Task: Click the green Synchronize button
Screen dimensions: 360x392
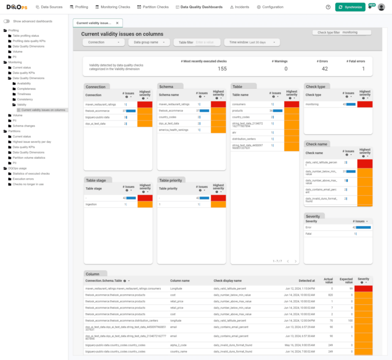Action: [x=350, y=7]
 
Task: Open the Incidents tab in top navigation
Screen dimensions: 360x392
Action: [x=240, y=7]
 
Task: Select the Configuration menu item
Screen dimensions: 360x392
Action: [x=270, y=7]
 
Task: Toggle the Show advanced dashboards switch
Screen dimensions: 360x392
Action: [x=7, y=21]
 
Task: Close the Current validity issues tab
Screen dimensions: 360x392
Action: [x=117, y=23]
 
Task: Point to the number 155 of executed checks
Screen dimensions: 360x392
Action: [x=222, y=69]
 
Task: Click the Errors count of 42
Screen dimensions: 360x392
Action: [x=325, y=69]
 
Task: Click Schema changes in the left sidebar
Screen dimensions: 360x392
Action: [x=23, y=126]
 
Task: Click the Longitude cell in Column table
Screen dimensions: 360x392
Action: [x=176, y=289]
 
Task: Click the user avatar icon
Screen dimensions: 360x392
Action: [x=381, y=7]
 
